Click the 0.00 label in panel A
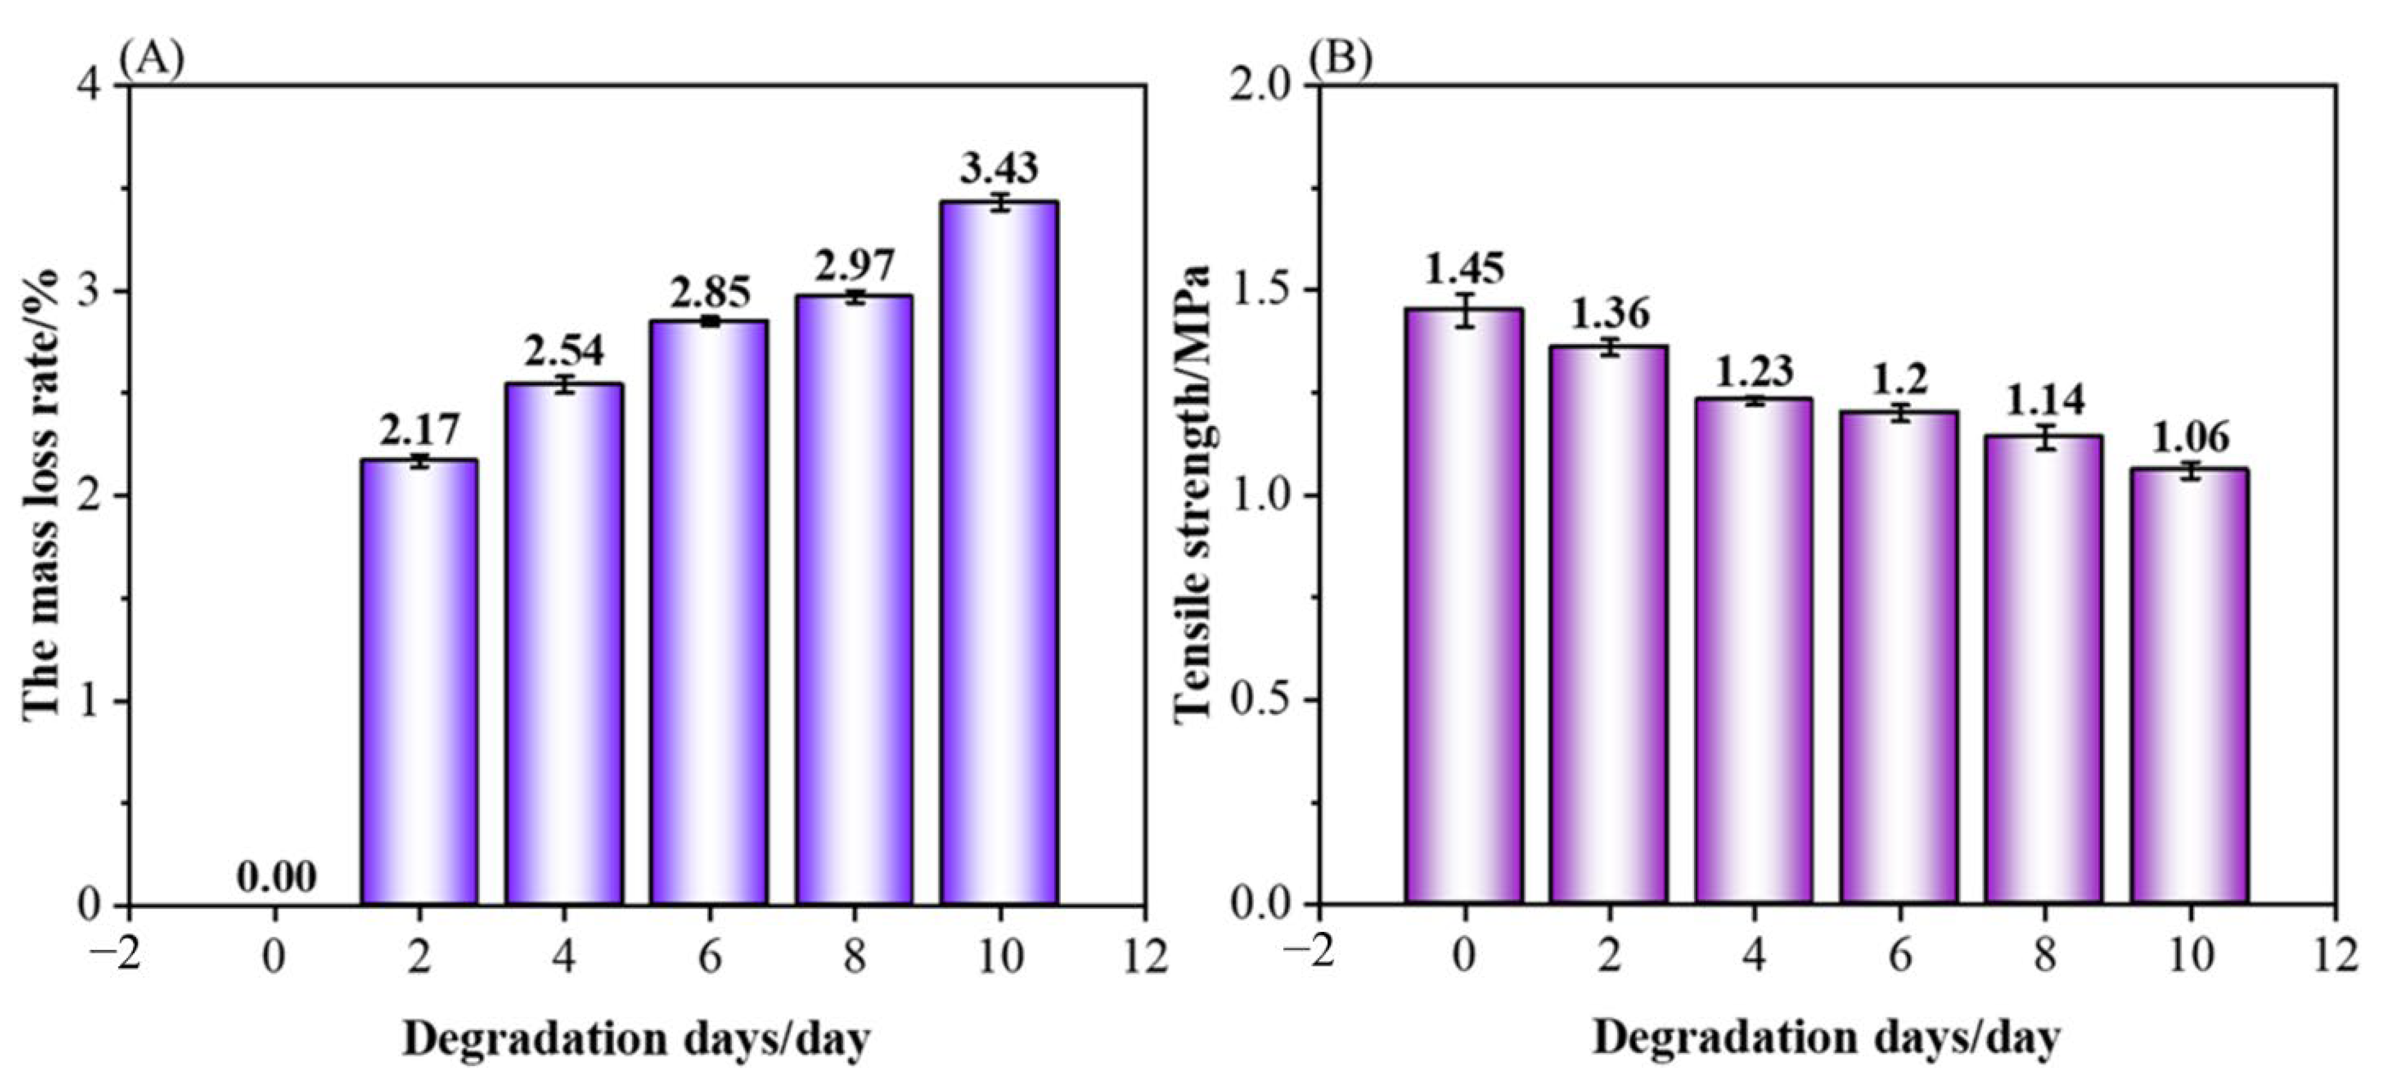pos(277,877)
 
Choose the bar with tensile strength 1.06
pos(2190,685)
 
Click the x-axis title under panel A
pos(636,1039)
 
